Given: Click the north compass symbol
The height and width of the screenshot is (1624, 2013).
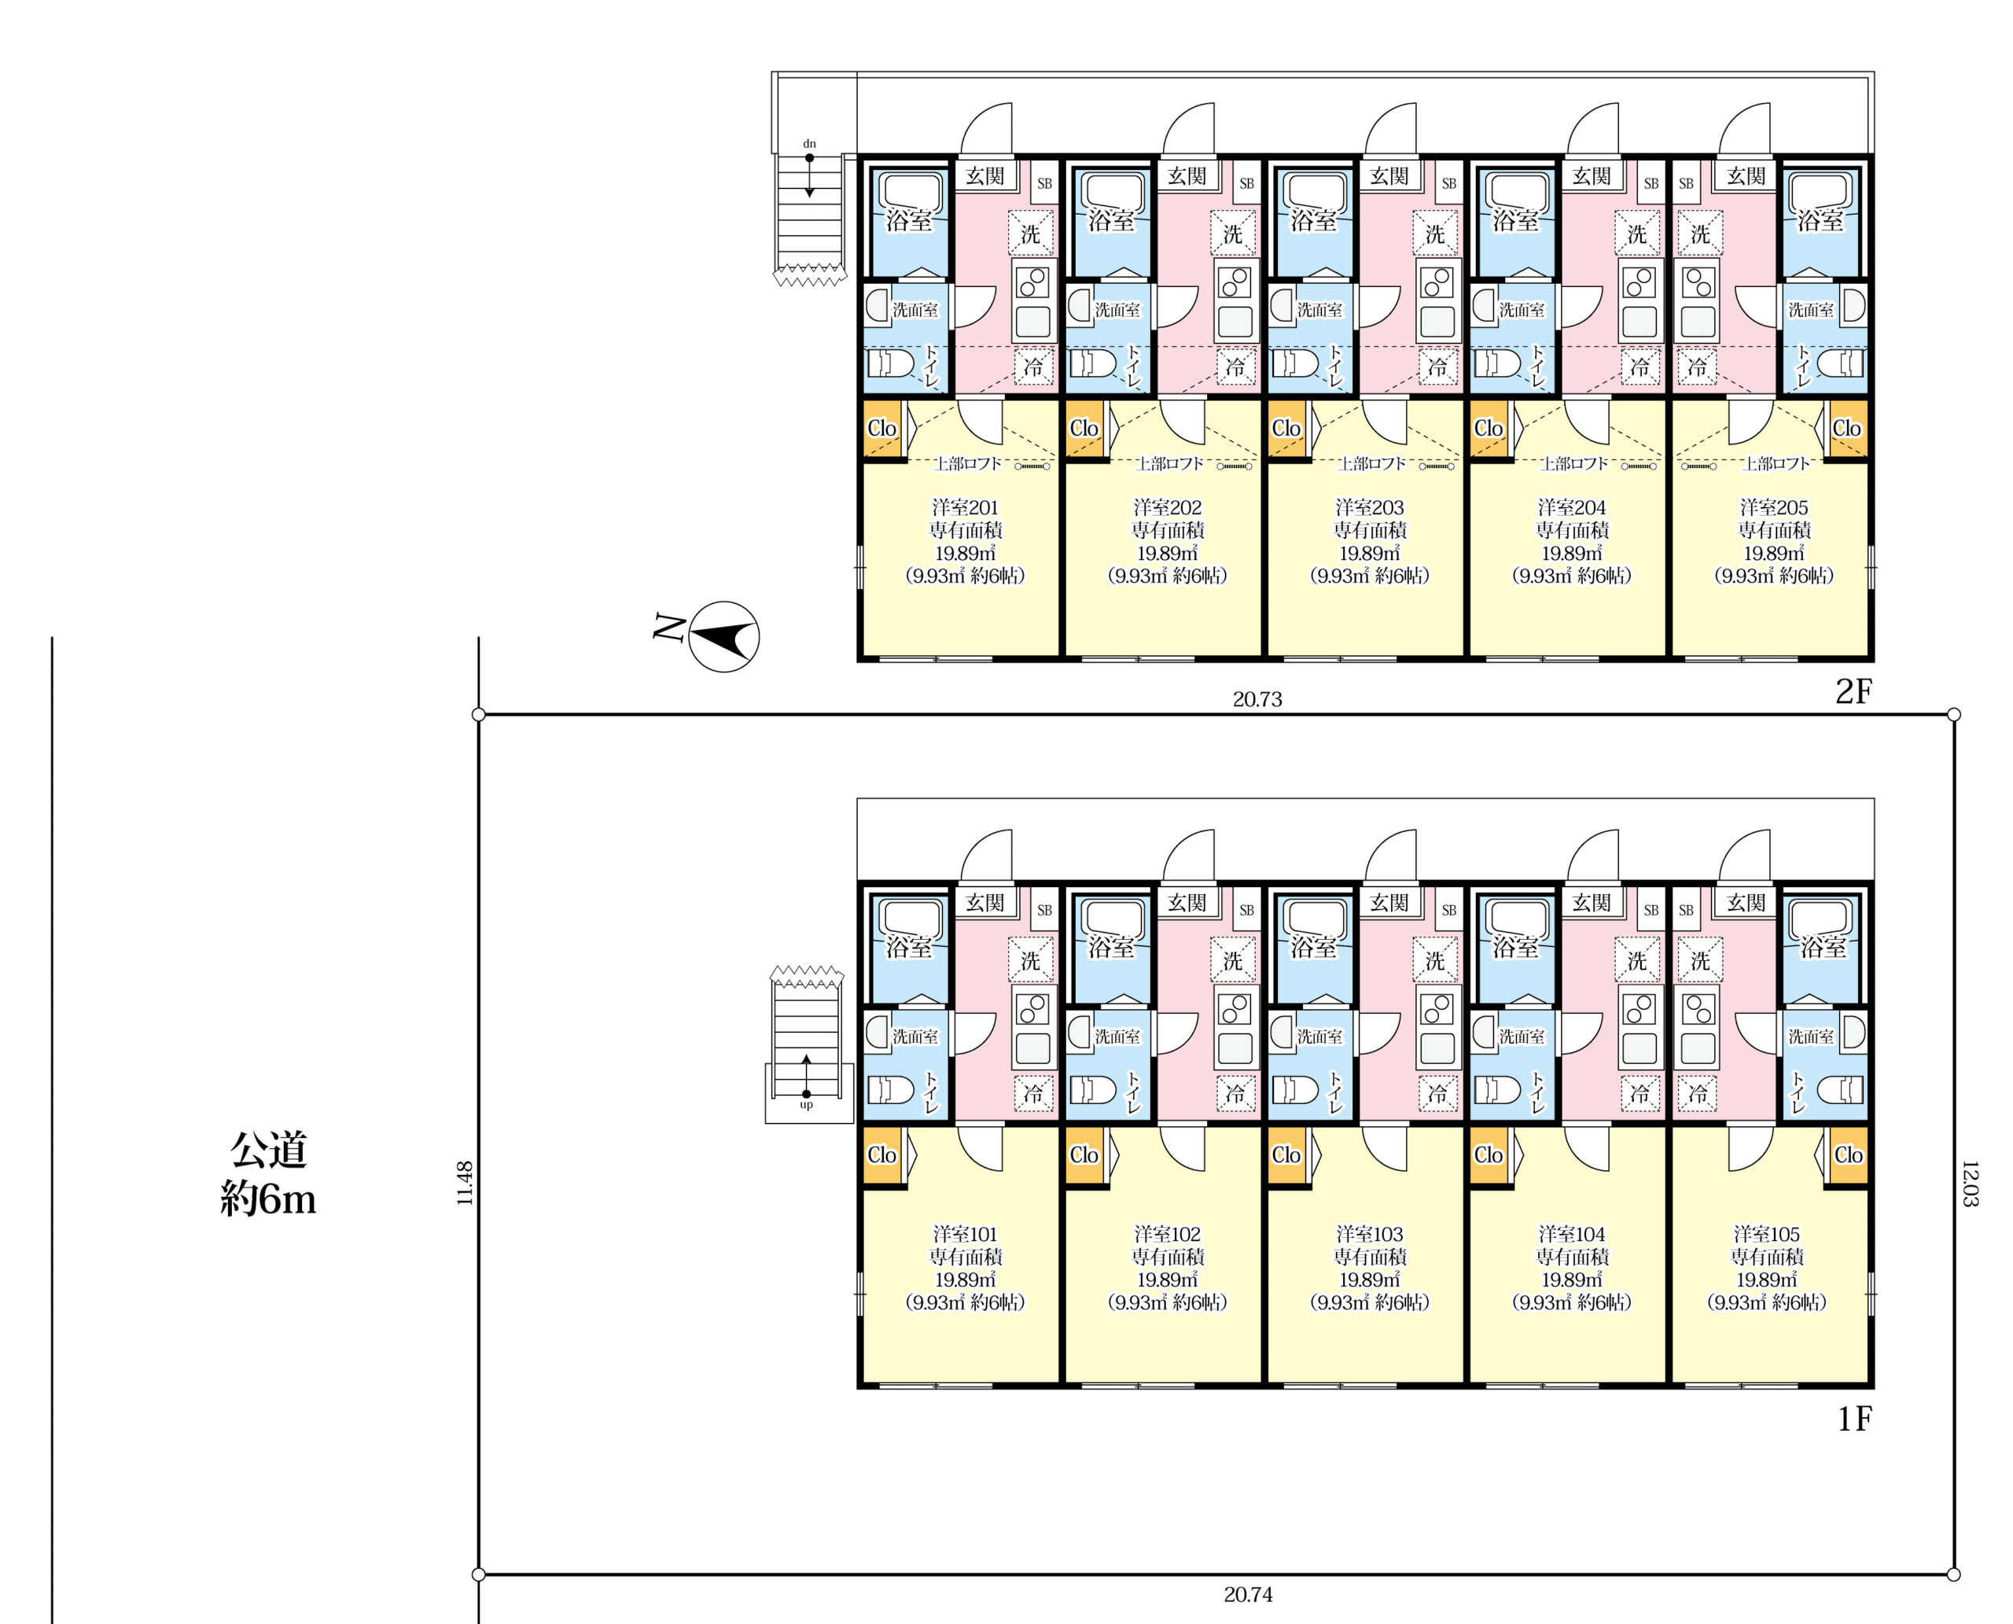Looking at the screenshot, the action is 723,636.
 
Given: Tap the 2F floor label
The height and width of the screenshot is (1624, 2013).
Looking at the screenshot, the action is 1853,691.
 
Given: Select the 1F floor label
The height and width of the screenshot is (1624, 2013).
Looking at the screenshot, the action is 1854,1419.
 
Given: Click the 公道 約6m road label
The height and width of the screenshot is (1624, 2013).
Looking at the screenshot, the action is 268,1174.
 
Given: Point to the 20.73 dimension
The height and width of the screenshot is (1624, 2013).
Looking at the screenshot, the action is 1257,699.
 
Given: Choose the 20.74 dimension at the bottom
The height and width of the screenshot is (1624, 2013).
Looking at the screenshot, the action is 1248,1594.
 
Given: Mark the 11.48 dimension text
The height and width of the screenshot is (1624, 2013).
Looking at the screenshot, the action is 465,1184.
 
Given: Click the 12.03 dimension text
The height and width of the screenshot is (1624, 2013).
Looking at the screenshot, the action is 1969,1184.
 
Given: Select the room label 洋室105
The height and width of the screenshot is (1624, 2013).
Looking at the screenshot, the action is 1766,1234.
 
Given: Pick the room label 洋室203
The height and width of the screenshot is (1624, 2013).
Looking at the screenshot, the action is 1370,507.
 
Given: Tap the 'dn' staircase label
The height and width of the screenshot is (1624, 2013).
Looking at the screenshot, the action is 809,144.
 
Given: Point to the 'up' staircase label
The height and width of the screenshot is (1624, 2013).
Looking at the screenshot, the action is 806,1105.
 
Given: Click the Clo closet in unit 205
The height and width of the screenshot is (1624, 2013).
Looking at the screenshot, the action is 1846,429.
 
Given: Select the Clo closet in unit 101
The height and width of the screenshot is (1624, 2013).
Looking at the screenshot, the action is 881,1155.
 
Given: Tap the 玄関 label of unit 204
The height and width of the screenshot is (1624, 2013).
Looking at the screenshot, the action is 1591,176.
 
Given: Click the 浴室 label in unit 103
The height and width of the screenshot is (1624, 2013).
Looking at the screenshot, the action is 1313,948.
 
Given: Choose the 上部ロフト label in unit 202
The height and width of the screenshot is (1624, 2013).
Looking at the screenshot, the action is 1169,463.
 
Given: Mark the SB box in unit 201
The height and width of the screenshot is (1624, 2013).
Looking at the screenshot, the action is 1045,183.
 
